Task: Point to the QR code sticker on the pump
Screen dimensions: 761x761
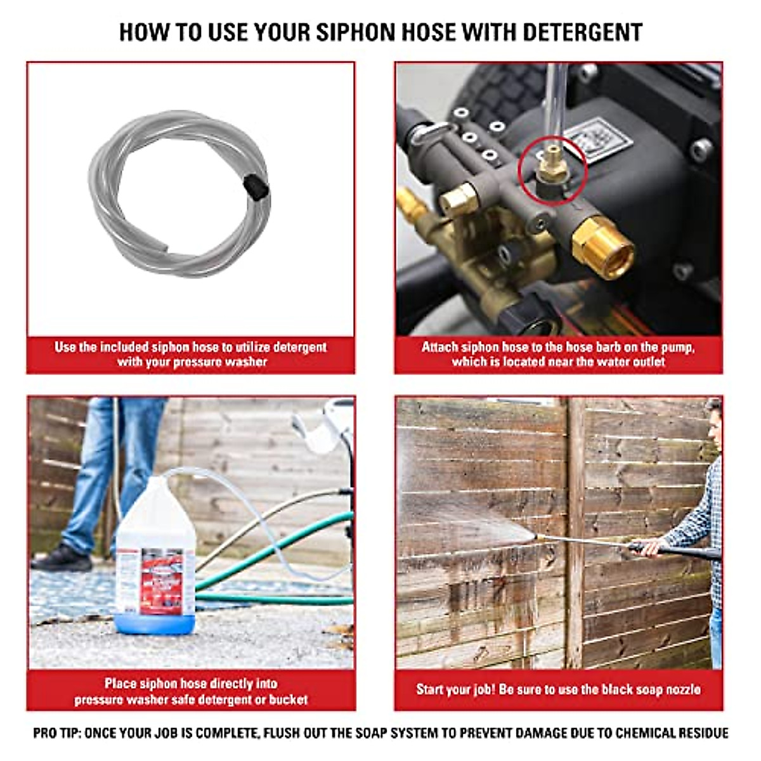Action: click(599, 141)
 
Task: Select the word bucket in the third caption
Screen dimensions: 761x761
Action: click(289, 700)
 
